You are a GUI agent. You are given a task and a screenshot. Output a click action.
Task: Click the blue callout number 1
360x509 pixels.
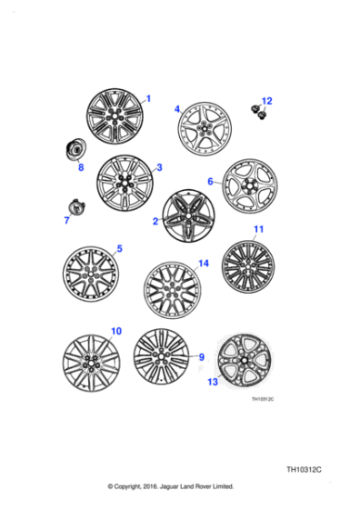tap(149, 98)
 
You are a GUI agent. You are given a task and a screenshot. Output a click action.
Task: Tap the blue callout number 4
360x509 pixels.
tap(178, 108)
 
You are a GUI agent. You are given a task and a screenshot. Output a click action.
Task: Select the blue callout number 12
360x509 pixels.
tap(266, 101)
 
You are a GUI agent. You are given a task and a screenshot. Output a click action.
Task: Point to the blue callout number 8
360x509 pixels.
tap(80, 167)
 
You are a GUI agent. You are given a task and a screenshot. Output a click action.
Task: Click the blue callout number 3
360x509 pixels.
tap(159, 167)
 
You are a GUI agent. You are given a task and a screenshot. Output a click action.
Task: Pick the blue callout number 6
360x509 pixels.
tap(210, 182)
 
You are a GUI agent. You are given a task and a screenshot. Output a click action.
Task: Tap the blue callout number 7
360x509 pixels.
tap(66, 220)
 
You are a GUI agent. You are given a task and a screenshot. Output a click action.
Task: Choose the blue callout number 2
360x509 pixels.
tap(156, 221)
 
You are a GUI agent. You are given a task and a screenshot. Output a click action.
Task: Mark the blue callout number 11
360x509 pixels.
tap(258, 230)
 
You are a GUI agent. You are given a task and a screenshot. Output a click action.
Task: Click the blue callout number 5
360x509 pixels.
tap(119, 248)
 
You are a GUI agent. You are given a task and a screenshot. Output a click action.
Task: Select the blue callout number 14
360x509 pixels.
tap(204, 264)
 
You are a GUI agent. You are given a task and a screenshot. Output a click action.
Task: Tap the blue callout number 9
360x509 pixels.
tap(202, 356)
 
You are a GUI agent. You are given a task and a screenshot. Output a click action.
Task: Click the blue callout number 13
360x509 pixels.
tap(212, 383)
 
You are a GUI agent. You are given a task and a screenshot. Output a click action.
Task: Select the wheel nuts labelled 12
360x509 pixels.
tap(258, 112)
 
